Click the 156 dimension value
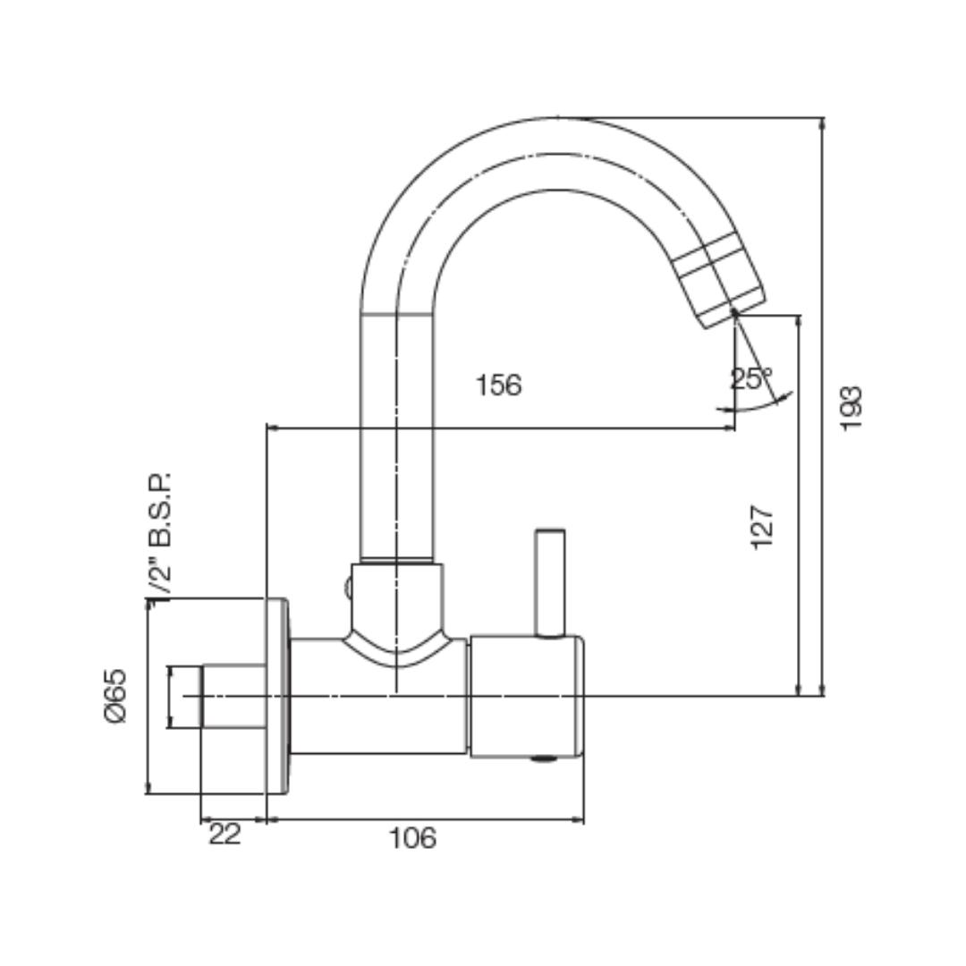(498, 386)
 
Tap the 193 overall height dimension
(852, 408)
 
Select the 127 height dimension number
(762, 527)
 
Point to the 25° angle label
(750, 378)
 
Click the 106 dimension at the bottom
(412, 838)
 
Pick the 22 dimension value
(225, 835)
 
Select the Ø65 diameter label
(116, 695)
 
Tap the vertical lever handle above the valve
(549, 581)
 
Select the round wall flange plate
(277, 696)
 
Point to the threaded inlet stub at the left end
(185, 696)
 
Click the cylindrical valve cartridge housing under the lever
(526, 696)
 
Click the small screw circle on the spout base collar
(349, 589)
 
